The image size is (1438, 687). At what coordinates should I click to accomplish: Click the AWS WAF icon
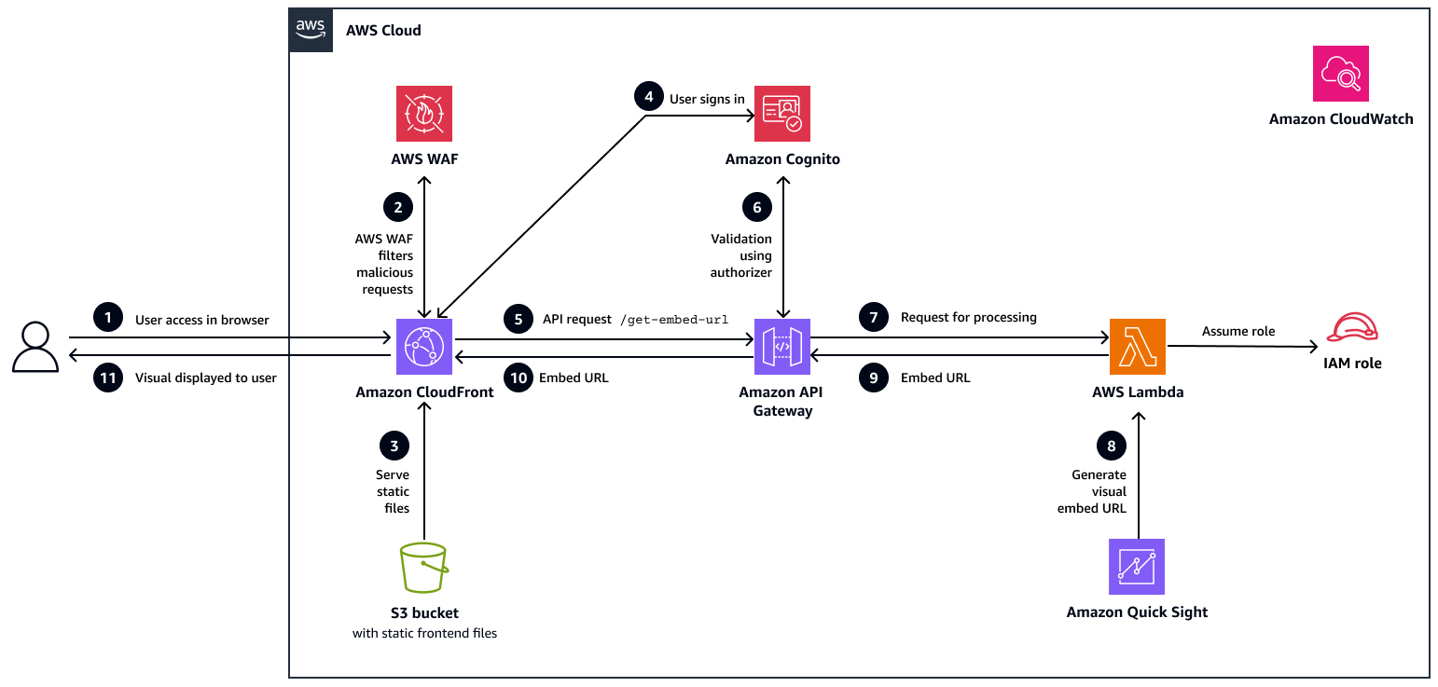(x=424, y=114)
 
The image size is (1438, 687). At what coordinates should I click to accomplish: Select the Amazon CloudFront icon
(x=424, y=347)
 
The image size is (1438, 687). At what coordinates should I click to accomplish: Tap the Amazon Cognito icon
(x=781, y=114)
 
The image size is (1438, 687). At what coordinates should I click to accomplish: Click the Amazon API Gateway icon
(x=781, y=347)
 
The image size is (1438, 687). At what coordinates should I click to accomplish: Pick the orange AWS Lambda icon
(x=1137, y=347)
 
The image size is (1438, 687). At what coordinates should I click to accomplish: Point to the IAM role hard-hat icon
(x=1352, y=329)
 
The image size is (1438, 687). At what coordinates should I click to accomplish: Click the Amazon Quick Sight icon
(x=1137, y=567)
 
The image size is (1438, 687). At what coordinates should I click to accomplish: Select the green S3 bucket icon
(x=424, y=568)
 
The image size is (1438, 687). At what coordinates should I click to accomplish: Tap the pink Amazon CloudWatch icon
(x=1340, y=74)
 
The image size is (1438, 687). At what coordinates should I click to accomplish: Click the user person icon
(x=35, y=348)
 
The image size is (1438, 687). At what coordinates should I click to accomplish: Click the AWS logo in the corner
(x=311, y=30)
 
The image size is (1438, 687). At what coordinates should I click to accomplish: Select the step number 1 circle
(x=108, y=319)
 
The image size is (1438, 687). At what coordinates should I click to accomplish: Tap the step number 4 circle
(x=647, y=98)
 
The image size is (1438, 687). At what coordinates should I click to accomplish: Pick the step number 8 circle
(x=1111, y=447)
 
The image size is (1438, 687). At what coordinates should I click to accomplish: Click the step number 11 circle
(x=108, y=378)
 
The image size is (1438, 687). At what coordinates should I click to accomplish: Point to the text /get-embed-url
(x=673, y=320)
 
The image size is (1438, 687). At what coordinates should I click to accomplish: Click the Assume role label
(x=1238, y=331)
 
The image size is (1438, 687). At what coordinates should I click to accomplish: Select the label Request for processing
(x=968, y=318)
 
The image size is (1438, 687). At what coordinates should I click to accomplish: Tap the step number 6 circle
(x=756, y=207)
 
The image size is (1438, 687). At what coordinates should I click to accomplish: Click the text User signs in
(x=700, y=99)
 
